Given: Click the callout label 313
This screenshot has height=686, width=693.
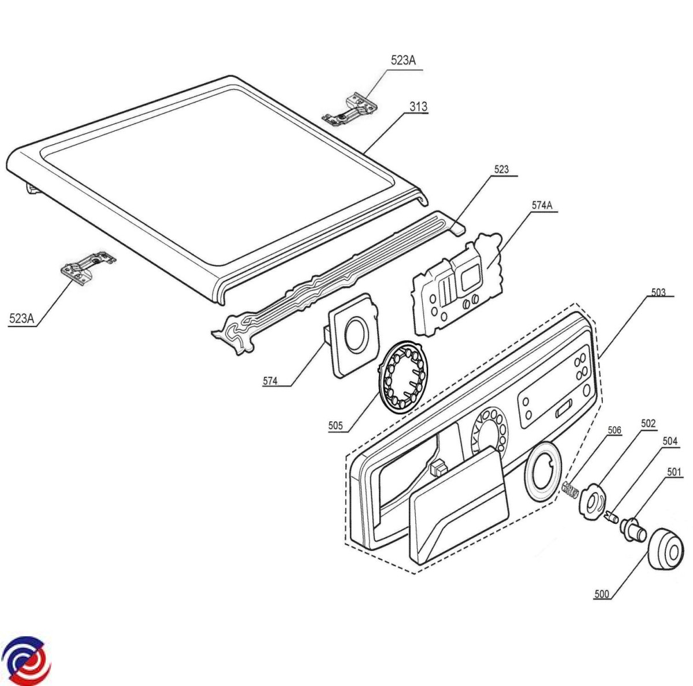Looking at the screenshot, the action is tap(419, 106).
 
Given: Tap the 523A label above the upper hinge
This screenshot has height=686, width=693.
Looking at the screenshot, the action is tap(403, 61).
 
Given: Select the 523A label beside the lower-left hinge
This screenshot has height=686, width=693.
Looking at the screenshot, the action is tap(21, 318).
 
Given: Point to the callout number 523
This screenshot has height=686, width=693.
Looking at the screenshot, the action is tap(501, 169).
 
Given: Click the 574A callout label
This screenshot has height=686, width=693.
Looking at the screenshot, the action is tap(542, 205).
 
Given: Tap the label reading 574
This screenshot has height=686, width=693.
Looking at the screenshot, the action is tap(270, 381).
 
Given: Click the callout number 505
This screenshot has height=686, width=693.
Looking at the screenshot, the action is tap(336, 426).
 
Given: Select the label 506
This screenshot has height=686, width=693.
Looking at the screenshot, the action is tap(614, 430).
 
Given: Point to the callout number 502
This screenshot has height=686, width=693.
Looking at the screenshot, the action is tap(648, 423).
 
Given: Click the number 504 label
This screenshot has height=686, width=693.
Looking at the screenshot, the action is tap(670, 441).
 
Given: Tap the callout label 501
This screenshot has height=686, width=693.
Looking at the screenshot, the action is tap(674, 472).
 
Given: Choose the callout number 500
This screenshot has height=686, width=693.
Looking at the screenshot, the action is tap(602, 594).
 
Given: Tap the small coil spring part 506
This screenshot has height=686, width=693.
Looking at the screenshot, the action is tap(569, 489).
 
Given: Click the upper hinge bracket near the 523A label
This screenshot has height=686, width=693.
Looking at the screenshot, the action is tap(351, 108).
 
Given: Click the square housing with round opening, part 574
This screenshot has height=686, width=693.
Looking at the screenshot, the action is tap(353, 337).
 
